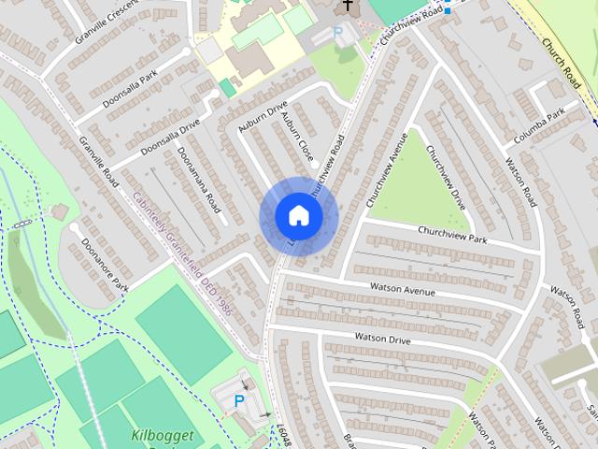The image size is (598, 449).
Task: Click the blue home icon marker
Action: click(x=298, y=217)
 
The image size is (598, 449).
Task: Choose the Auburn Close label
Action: click(x=300, y=137)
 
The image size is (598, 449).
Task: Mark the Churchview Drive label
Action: click(x=446, y=177)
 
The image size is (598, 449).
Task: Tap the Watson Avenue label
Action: click(x=403, y=289)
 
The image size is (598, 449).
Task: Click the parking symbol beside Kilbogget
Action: click(x=239, y=400)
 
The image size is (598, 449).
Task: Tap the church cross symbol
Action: click(x=349, y=6)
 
